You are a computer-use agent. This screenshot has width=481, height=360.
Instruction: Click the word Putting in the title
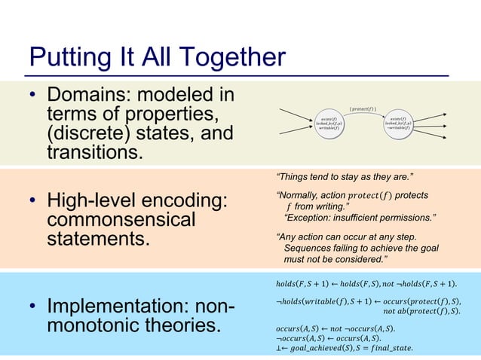point(66,58)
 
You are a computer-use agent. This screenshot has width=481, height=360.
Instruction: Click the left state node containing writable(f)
point(329,123)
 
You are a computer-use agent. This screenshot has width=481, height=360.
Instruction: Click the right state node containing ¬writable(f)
point(397,123)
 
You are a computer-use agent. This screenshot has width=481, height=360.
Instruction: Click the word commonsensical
point(121,221)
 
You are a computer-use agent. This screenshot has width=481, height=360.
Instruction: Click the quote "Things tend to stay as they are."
point(345,178)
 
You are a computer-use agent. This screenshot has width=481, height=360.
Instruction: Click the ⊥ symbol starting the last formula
point(280,347)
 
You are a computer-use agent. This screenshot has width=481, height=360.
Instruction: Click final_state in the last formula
point(389,347)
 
